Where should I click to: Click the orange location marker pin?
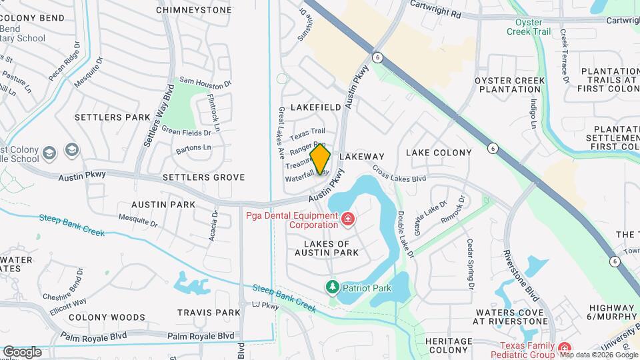[321, 160]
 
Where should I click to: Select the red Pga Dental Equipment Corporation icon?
[347, 219]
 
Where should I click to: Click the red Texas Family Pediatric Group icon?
[564, 349]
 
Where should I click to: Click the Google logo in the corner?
[22, 351]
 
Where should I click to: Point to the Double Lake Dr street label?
[405, 235]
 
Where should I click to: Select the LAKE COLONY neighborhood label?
[439, 153]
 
